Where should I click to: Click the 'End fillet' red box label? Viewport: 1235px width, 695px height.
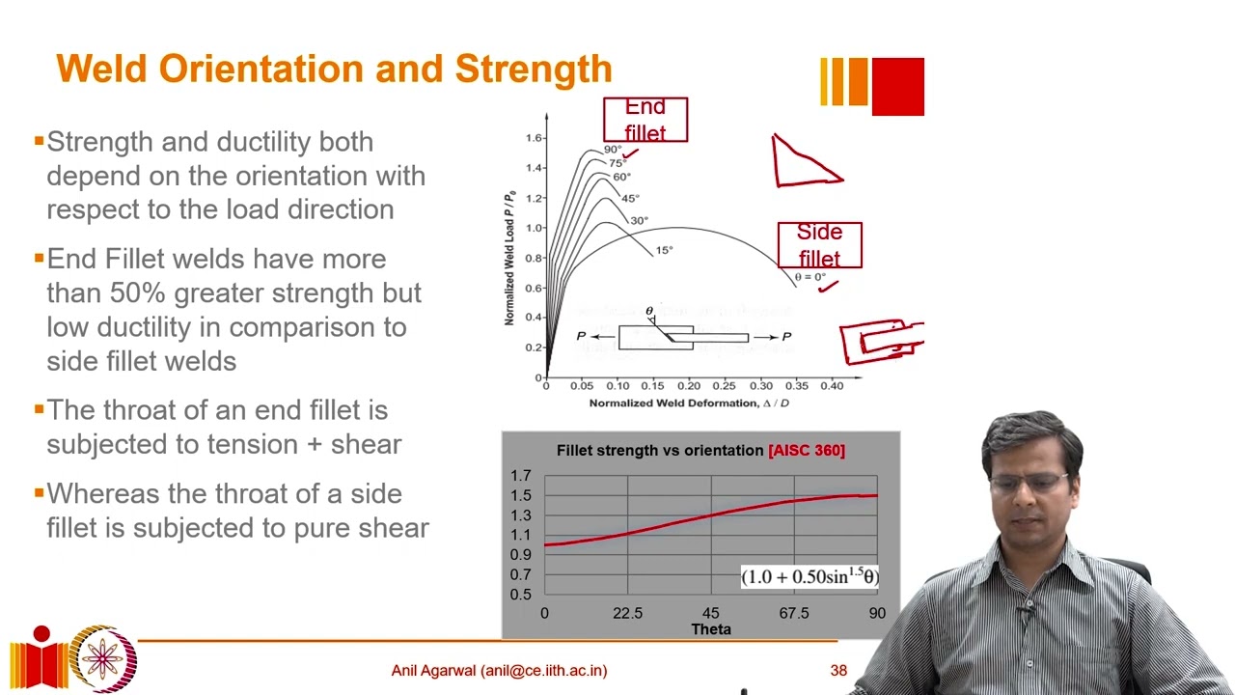[645, 120]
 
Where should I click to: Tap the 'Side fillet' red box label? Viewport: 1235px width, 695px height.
[819, 245]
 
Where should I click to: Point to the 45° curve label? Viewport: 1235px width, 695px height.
[630, 199]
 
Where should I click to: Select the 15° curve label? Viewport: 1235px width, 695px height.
[664, 251]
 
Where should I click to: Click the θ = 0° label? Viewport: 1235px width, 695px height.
[810, 277]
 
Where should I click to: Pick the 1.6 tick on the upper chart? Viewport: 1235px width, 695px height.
[534, 138]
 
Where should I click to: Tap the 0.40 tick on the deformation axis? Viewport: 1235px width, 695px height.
[831, 386]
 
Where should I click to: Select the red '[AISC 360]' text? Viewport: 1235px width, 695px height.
[807, 450]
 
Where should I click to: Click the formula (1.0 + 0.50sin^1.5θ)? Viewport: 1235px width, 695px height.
[810, 576]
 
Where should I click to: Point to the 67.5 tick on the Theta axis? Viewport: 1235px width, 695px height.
[794, 613]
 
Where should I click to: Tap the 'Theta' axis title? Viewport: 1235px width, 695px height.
[711, 629]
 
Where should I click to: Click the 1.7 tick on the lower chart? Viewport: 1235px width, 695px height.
[521, 476]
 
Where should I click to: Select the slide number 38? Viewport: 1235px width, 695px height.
[838, 670]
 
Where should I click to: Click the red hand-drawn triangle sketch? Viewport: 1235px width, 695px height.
[804, 162]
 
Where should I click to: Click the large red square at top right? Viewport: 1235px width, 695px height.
[897, 87]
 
